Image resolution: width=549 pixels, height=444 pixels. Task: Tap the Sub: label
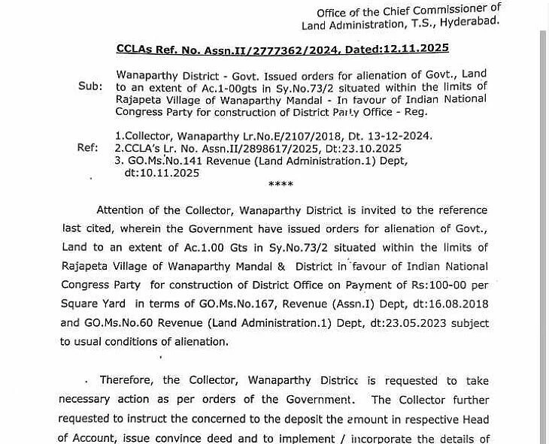point(90,86)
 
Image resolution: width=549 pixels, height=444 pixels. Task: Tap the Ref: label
point(88,147)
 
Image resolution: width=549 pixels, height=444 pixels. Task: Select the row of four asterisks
point(281,184)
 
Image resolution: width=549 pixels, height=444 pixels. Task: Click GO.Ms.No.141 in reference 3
point(162,160)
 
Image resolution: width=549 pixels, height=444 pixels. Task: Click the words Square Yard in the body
point(90,304)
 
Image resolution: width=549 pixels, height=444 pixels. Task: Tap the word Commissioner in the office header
point(450,11)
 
